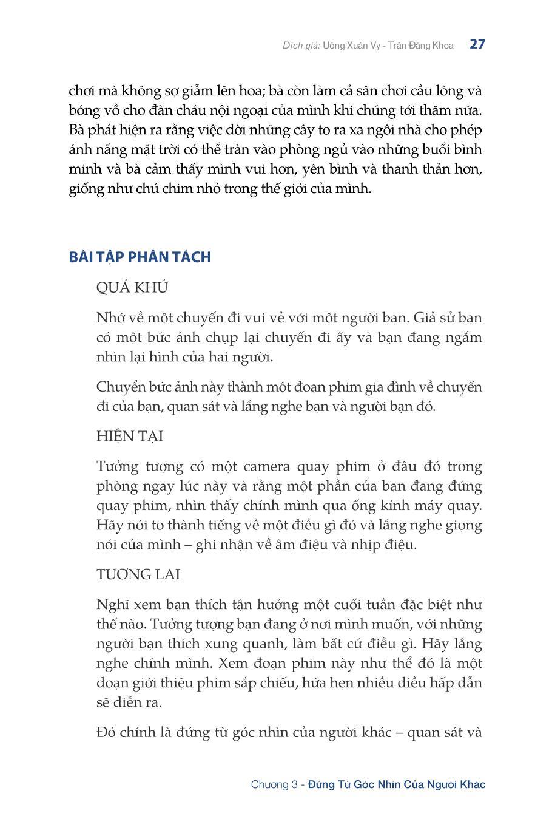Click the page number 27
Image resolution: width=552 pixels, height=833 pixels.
477,44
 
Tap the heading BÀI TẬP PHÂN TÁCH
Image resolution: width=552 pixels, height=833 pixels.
140,257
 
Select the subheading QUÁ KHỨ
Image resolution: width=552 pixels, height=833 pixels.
132,288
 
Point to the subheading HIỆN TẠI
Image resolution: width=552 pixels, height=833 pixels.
130,437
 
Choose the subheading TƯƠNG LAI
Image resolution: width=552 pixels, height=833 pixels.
138,574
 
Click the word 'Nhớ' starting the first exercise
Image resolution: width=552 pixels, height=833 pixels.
110,318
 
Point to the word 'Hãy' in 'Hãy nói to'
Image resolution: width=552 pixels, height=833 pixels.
109,525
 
